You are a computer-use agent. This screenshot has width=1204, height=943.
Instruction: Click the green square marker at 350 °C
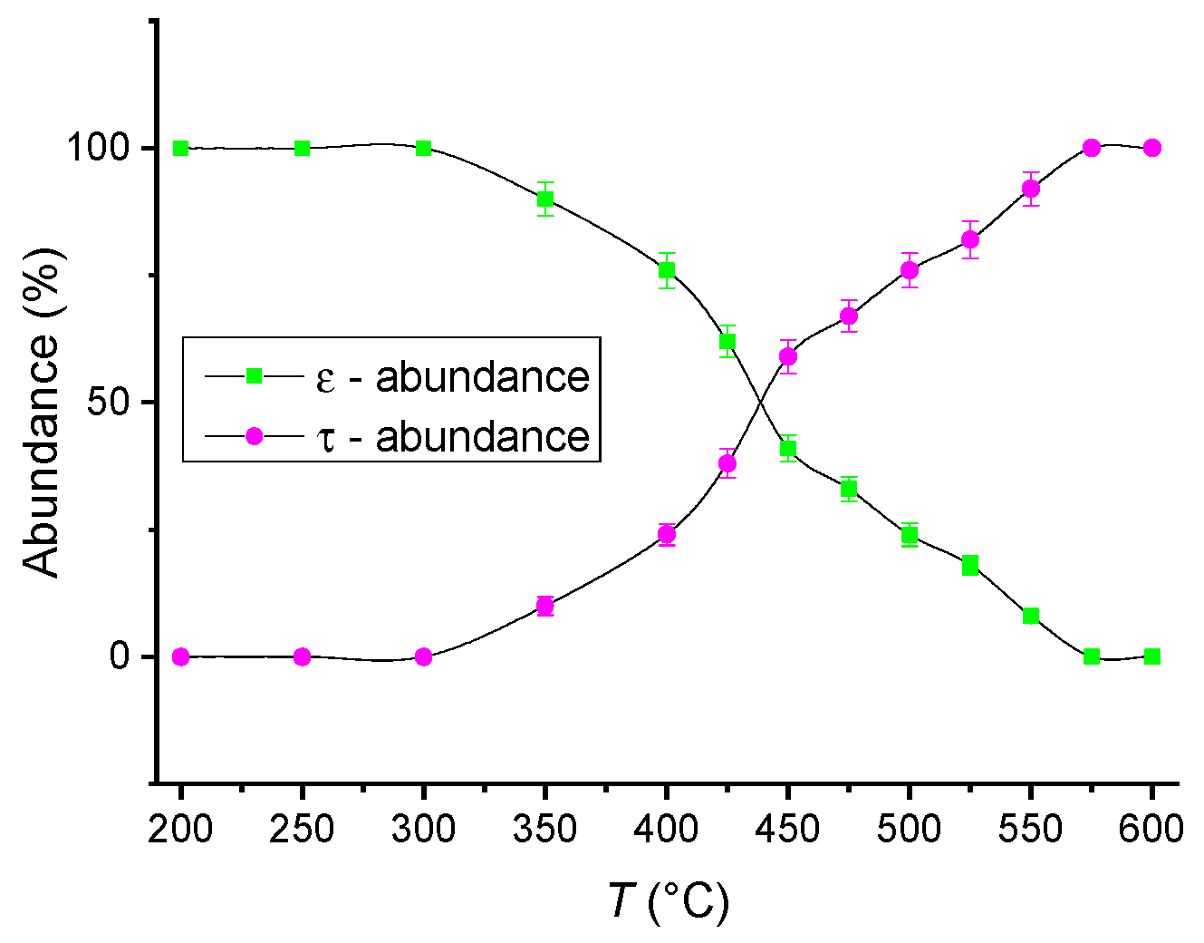tap(544, 199)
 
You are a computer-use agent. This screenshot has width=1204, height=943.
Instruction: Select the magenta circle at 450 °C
tap(788, 356)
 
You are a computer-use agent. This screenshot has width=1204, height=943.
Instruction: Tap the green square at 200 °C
tap(181, 148)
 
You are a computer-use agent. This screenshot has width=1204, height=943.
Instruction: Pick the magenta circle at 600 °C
tap(1151, 148)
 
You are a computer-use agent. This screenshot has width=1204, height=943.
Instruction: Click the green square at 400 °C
tap(667, 270)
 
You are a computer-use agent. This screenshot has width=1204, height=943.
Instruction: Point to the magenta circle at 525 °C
tap(970, 240)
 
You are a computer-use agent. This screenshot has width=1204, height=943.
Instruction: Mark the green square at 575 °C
tap(1092, 656)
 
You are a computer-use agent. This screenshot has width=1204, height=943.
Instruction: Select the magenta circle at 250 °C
tap(303, 656)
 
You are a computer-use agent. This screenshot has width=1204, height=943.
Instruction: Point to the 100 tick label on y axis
tap(99, 148)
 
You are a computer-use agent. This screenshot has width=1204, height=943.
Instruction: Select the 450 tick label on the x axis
tap(788, 828)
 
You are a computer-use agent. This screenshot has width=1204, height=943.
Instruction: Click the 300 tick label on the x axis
tap(424, 828)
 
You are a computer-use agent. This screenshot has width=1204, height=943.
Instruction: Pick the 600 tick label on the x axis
tap(1151, 828)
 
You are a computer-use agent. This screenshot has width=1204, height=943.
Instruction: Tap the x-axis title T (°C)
tap(668, 900)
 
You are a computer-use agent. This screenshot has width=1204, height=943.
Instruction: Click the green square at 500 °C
tap(910, 535)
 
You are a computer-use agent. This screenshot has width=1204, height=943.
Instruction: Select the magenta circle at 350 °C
tap(544, 606)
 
